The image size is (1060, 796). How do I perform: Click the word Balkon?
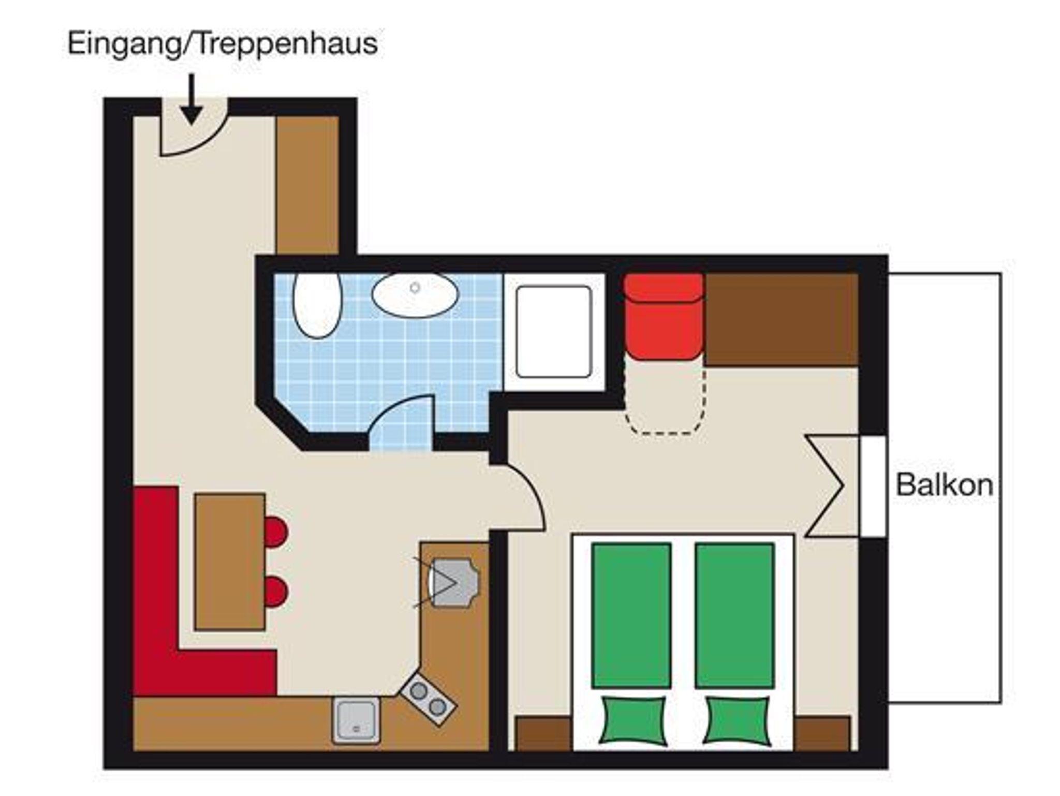pyautogui.click(x=944, y=485)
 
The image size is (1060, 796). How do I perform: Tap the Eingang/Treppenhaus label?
pyautogui.click(x=223, y=43)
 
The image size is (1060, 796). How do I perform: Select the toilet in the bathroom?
pyautogui.click(x=317, y=305)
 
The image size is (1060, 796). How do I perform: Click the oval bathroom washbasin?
pyautogui.click(x=415, y=295)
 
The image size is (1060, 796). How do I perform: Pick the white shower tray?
pyautogui.click(x=554, y=332)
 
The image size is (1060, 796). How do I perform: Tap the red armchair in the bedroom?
pyautogui.click(x=664, y=316)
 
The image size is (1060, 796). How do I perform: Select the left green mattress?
pyautogui.click(x=631, y=615)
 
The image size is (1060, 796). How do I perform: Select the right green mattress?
pyautogui.click(x=735, y=615)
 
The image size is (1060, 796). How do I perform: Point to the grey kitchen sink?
pyautogui.click(x=356, y=720)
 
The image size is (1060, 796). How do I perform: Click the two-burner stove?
pyautogui.click(x=429, y=698)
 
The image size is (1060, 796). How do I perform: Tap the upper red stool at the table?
pyautogui.click(x=275, y=532)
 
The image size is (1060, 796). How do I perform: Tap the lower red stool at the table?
pyautogui.click(x=275, y=591)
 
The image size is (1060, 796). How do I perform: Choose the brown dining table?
pyautogui.click(x=230, y=562)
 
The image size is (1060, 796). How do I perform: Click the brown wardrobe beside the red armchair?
pyautogui.click(x=782, y=319)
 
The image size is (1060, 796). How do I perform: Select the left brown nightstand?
pyautogui.click(x=543, y=733)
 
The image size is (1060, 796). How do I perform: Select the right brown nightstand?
pyautogui.click(x=822, y=733)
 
